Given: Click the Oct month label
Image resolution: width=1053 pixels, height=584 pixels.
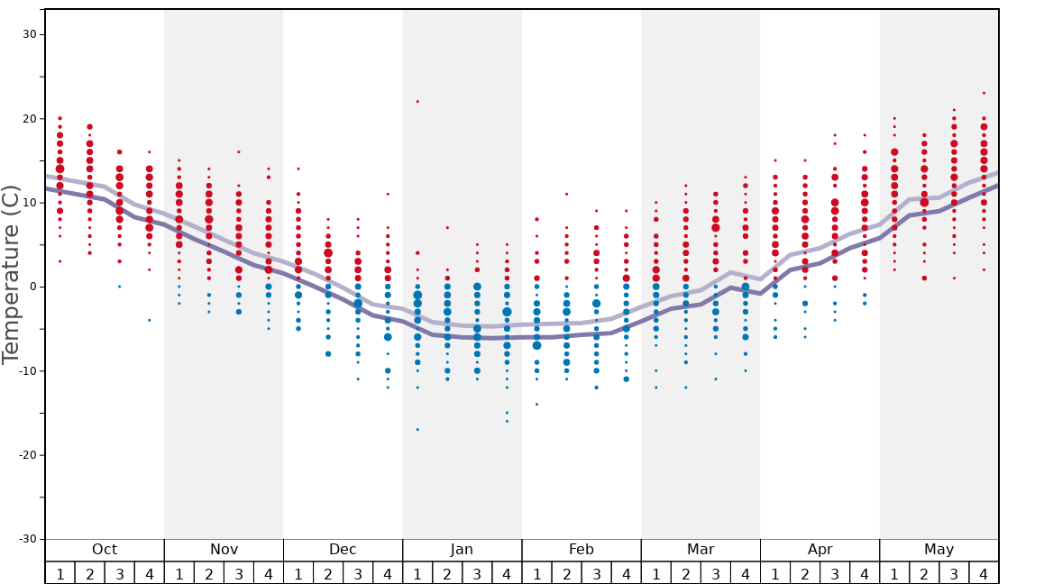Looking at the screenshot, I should pos(105,550).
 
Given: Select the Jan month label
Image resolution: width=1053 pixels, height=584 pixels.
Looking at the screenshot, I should pos(462,550).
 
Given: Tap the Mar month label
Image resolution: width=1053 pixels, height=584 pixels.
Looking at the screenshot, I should pos(700,550).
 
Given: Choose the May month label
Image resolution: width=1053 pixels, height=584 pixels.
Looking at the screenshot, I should pos(939,550).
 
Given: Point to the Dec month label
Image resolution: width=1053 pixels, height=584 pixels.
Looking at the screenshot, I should pos(343,550).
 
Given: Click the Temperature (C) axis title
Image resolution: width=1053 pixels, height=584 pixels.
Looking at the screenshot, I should pos(11,275).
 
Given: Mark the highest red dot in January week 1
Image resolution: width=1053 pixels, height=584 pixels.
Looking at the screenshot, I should pos(417,101).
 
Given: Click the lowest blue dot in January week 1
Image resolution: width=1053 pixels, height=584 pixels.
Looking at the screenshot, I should pos(417,429).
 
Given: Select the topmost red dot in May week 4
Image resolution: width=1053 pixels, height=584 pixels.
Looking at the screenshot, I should pos(984,93).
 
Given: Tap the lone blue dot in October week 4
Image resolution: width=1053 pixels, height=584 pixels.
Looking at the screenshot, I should pos(150,320).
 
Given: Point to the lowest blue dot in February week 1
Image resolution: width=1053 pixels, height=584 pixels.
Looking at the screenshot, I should pos(536,404).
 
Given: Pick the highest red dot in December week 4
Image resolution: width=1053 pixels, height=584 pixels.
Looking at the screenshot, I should pos(388,194).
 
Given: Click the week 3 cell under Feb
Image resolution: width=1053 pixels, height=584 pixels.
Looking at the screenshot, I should pos(596,573).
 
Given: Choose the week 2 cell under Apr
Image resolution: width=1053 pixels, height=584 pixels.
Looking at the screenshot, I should pos(805,573).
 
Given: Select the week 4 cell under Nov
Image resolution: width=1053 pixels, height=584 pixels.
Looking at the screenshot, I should pos(269,573).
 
